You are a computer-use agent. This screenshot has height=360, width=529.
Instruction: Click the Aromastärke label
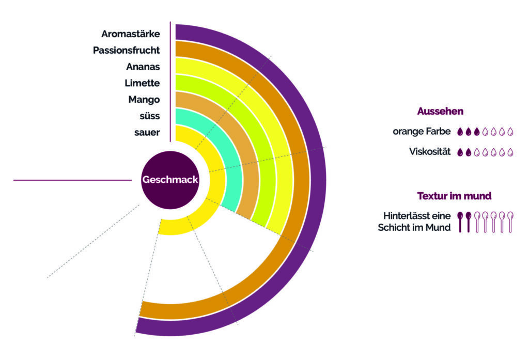[130, 34]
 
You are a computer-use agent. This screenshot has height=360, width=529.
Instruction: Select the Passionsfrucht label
[126, 50]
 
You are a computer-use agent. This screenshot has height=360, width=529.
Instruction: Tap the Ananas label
[143, 67]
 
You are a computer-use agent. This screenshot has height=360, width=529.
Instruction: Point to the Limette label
[142, 83]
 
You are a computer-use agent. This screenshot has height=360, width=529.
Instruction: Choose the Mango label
[144, 99]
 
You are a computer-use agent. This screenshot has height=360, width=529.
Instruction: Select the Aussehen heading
[440, 111]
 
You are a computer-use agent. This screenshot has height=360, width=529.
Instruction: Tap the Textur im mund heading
[454, 196]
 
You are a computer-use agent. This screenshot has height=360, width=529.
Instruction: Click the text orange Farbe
[422, 132]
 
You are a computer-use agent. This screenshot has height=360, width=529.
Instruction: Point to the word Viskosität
[429, 152]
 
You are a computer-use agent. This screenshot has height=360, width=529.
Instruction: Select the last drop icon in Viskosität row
[510, 152]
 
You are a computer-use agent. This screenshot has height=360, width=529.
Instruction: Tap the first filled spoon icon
[460, 221]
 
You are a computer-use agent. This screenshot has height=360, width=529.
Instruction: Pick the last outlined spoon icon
[510, 221]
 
